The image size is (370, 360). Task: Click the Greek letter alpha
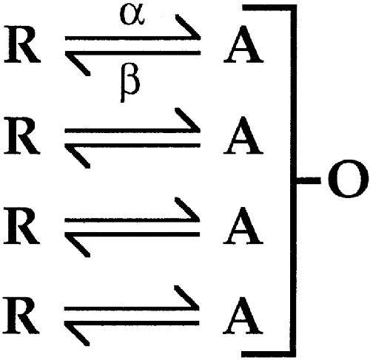(x=132, y=15)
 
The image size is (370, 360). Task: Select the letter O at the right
(x=348, y=178)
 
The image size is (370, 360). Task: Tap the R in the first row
(x=21, y=44)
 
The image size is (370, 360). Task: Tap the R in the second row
(x=21, y=135)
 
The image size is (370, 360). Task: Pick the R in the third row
(x=21, y=225)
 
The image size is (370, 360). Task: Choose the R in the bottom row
(x=21, y=316)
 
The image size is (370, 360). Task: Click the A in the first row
(x=243, y=44)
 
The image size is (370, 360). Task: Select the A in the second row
(x=243, y=135)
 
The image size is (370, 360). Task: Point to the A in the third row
(x=243, y=225)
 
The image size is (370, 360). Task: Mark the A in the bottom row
(x=243, y=316)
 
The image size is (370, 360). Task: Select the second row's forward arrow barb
(x=187, y=120)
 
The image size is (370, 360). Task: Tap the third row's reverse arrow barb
(x=78, y=245)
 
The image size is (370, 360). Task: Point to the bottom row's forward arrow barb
(x=186, y=297)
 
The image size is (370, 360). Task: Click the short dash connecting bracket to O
(x=309, y=180)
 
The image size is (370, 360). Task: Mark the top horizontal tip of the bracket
(x=243, y=7)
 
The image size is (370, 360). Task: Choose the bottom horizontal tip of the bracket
(x=243, y=354)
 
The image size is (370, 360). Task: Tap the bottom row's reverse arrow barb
(x=77, y=334)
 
